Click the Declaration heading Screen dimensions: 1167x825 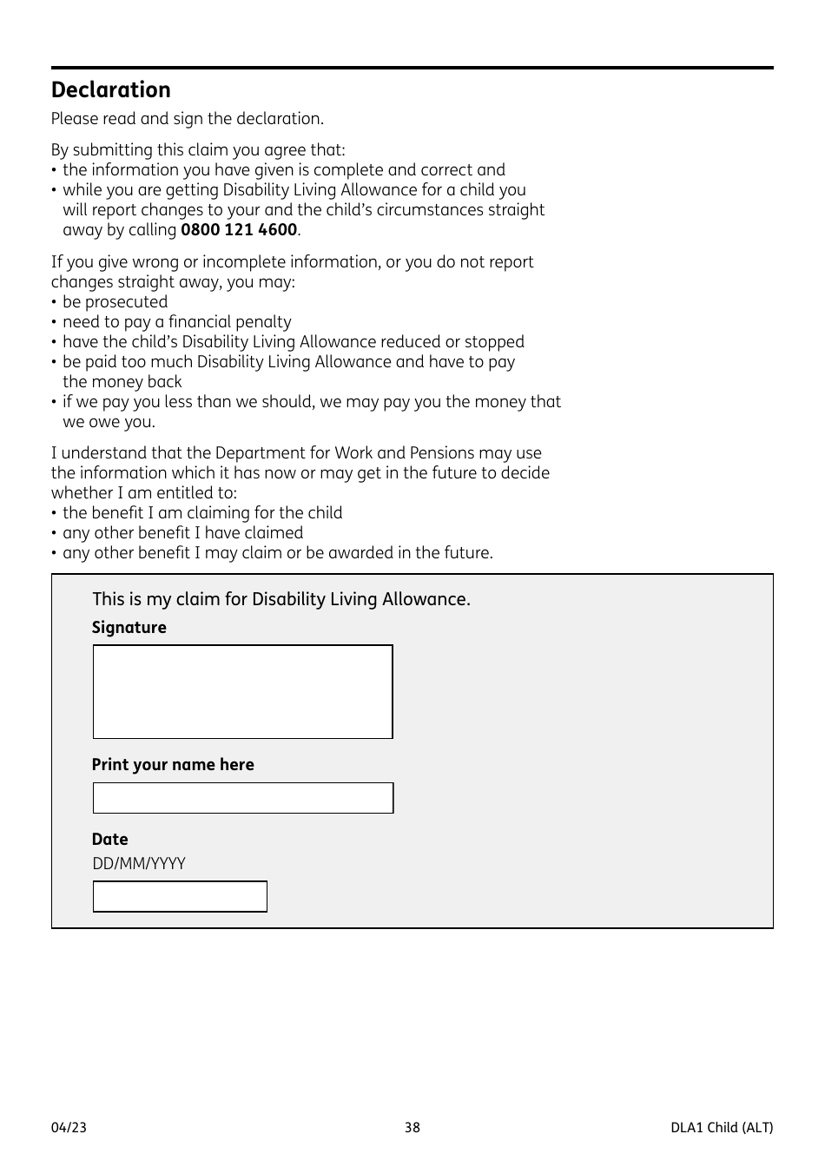[x=110, y=90]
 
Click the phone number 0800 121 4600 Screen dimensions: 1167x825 [x=239, y=230]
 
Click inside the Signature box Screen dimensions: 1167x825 [x=242, y=691]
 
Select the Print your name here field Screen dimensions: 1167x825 [x=242, y=798]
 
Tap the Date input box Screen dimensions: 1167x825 [x=180, y=896]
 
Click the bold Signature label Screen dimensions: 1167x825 [x=129, y=628]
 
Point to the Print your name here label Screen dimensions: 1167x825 [x=173, y=765]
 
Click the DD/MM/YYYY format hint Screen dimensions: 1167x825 [x=139, y=864]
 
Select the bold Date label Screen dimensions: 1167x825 [x=109, y=840]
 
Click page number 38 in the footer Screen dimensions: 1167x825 [x=412, y=1128]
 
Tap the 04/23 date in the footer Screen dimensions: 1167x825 [x=69, y=1128]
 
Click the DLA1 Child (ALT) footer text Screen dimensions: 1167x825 [x=721, y=1128]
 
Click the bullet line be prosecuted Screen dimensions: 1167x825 [x=115, y=302]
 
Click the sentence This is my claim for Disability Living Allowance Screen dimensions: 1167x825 [x=280, y=599]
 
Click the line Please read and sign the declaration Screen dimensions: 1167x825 [x=187, y=119]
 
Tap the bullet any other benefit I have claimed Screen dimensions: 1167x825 [x=182, y=533]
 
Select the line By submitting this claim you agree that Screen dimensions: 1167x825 [x=197, y=150]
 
